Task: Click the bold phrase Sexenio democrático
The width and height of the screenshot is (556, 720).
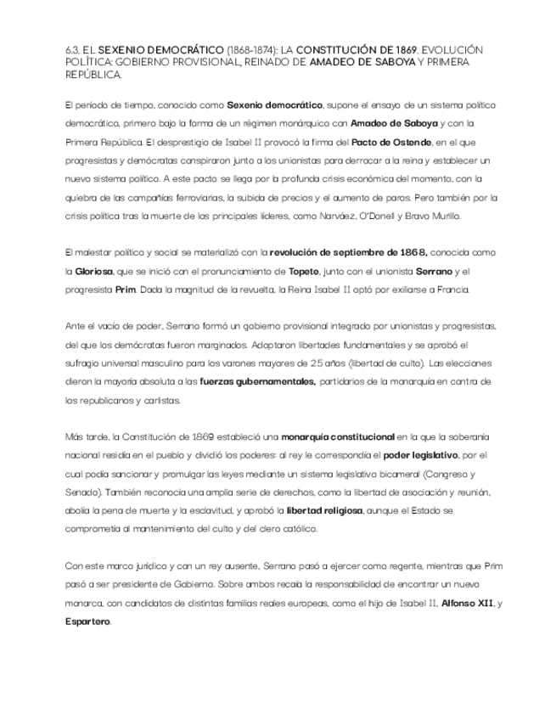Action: point(275,104)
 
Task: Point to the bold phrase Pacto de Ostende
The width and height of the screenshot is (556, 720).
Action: point(392,141)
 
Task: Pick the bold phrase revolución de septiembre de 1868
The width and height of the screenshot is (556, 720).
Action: point(348,252)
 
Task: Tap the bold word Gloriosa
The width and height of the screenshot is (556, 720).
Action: point(93,271)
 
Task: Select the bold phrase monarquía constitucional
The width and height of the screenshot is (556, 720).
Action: point(338,437)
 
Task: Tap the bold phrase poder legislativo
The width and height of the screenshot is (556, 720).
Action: point(421,456)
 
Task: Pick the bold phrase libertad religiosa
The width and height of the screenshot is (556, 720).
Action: point(324,511)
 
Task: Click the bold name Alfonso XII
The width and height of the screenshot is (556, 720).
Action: point(465,603)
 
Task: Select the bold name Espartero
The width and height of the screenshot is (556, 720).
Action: point(87,622)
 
